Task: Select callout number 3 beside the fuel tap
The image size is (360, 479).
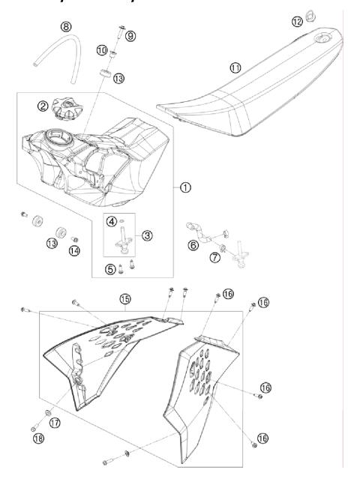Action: [x=147, y=235]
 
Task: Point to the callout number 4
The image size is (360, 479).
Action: [x=112, y=221]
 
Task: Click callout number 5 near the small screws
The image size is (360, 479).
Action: [x=112, y=268]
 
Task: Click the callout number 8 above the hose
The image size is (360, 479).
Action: [x=67, y=27]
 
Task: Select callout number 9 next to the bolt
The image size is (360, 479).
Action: [x=130, y=35]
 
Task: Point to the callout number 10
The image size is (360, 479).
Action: [x=102, y=50]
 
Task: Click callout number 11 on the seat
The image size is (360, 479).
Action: [x=236, y=67]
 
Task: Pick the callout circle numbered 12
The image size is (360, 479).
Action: [x=298, y=22]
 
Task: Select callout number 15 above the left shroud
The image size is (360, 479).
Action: [x=124, y=299]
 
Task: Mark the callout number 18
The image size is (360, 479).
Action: [x=38, y=438]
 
